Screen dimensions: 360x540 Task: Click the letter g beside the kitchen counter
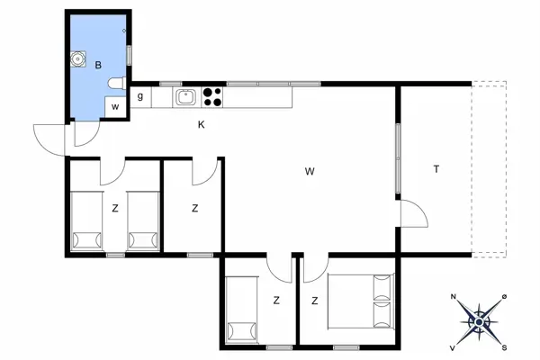(x=141, y=96)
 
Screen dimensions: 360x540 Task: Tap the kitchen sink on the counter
(x=186, y=96)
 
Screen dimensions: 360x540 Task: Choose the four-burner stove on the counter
(x=213, y=96)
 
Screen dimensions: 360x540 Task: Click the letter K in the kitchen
(x=202, y=125)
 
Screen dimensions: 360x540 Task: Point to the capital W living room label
(x=309, y=170)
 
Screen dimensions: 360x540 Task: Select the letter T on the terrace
(x=436, y=170)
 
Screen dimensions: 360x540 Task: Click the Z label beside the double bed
(x=316, y=301)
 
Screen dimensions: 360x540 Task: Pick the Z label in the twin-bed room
(x=115, y=208)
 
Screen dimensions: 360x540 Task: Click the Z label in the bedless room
(x=195, y=208)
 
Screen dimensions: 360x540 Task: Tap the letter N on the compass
(x=454, y=297)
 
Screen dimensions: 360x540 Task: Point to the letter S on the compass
(x=505, y=346)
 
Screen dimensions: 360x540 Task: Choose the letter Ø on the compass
(x=505, y=297)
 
